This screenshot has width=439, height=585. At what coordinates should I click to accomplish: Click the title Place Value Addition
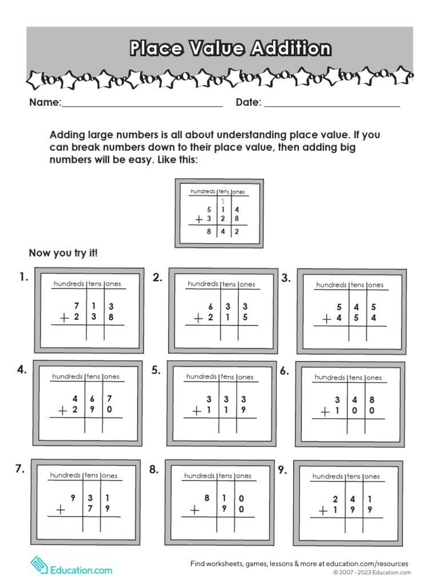point(230,48)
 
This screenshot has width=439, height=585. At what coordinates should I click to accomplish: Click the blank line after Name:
point(142,106)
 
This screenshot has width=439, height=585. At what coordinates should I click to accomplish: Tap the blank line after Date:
point(332,106)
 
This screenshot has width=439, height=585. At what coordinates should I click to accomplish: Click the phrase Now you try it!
point(63,253)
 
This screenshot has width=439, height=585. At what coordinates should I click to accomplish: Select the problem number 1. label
point(23,278)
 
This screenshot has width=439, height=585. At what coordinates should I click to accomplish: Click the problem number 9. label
point(282,470)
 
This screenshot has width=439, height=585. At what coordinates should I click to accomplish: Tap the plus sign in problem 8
point(195,510)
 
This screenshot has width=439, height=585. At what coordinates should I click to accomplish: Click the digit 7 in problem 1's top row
point(76,307)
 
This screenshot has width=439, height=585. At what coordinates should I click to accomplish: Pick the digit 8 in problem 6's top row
point(372,400)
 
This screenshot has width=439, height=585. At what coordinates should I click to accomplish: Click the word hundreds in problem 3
point(331,285)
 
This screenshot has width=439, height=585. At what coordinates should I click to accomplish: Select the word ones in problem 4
point(111,376)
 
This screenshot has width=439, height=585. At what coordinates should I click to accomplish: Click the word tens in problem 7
point(91,475)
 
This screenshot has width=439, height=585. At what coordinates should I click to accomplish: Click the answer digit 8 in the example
point(209,232)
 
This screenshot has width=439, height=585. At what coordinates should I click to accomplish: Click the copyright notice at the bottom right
point(372,572)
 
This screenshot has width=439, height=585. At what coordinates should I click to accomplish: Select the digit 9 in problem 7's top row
point(73,498)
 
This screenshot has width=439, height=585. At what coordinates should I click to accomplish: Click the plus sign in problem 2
point(198,319)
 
